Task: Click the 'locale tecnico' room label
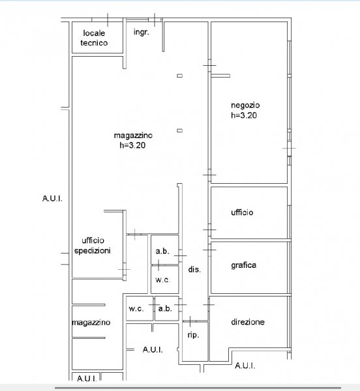coord(94,38)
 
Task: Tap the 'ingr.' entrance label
coord(142,32)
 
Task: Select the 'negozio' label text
coord(245,105)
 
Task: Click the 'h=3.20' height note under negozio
coord(244,115)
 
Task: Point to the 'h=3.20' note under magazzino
coord(132,145)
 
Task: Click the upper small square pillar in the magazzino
coord(179,76)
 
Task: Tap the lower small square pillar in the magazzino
coord(179,130)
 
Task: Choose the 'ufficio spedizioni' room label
coord(93,246)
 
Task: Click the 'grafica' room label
coord(243,265)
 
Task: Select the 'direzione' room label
coord(248,322)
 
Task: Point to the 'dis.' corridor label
coord(194,269)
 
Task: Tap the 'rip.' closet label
coord(193,335)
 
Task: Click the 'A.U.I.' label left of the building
coord(52,199)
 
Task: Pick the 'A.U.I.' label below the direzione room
coord(245,366)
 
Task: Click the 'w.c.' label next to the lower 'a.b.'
coord(136,309)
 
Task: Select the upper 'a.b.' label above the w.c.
coord(162,251)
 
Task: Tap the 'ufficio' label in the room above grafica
coord(242,212)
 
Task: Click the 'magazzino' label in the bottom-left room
coord(91,323)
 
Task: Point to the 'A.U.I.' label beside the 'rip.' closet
coord(153,350)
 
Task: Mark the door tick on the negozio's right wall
coord(289,148)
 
